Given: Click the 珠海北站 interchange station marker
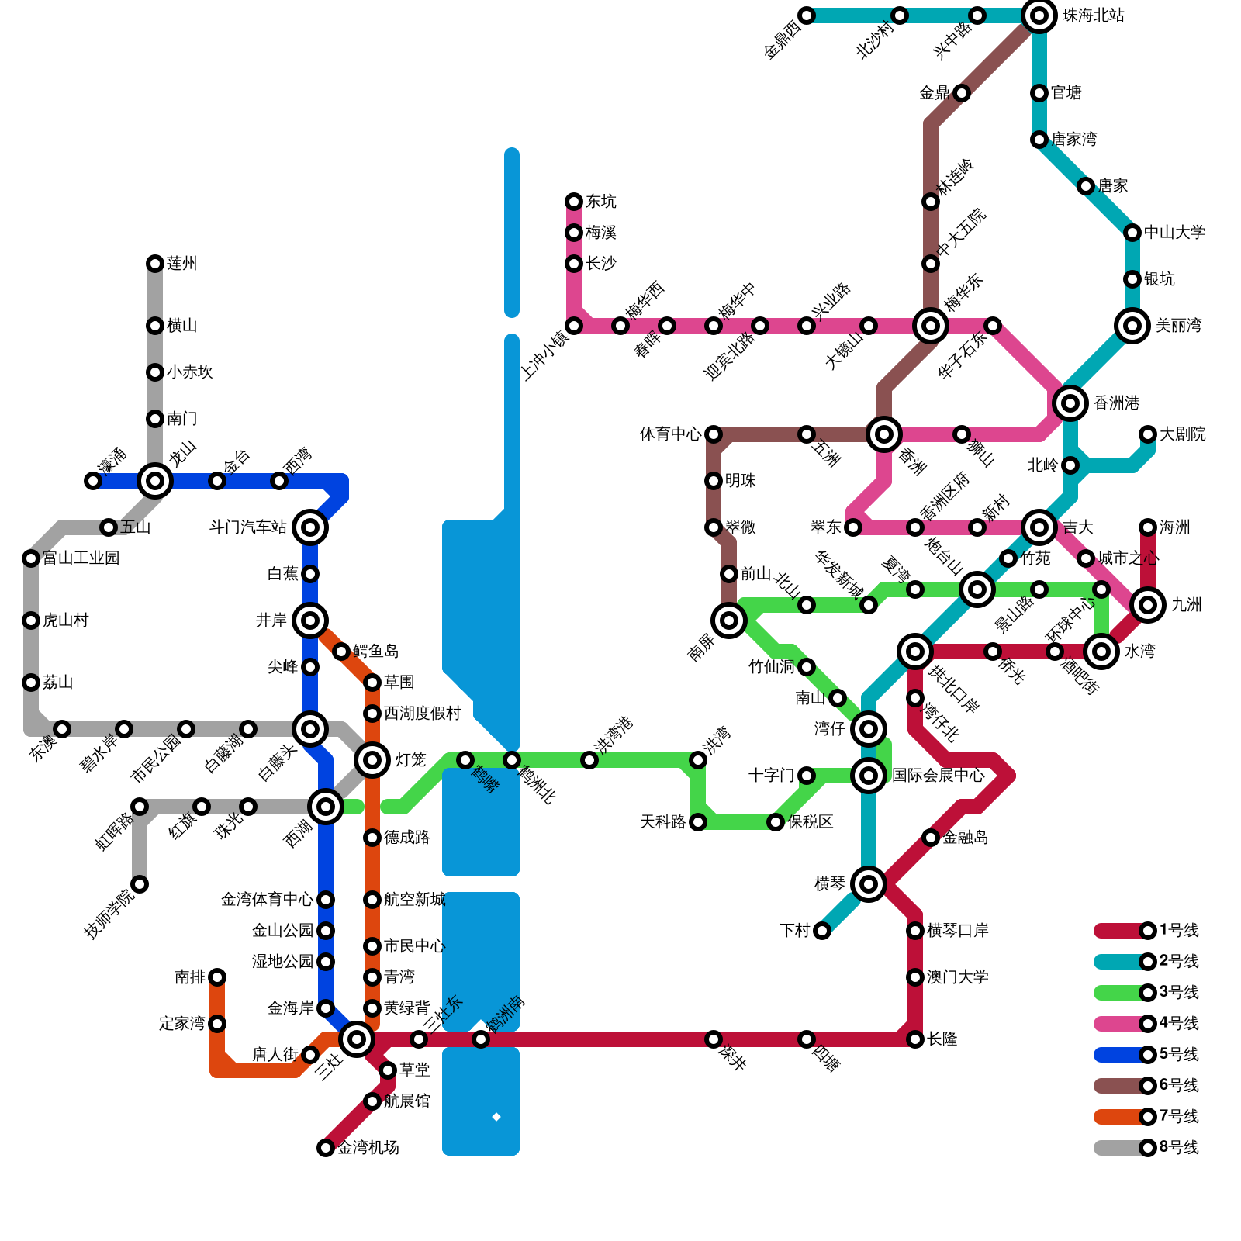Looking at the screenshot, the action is tap(1039, 16).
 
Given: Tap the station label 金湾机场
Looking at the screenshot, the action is tap(368, 1148).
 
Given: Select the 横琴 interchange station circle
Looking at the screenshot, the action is tap(869, 884).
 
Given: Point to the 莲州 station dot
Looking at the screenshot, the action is tap(155, 264).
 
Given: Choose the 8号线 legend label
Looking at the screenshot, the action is tap(1179, 1148).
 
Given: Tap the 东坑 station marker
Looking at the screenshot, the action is tap(574, 202).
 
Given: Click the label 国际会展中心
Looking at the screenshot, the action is tap(938, 776).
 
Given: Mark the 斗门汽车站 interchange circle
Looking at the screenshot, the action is tap(310, 527).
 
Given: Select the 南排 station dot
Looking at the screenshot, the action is tap(217, 977).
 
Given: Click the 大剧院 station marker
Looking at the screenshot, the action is tap(1148, 434).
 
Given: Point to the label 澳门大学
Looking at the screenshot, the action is tap(957, 977).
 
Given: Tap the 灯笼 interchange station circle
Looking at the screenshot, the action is tap(372, 760).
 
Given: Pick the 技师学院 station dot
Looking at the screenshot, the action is tap(140, 884).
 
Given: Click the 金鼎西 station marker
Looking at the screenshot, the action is tap(807, 16).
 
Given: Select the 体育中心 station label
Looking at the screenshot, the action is tap(670, 434).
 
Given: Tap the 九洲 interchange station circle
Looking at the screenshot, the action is tap(1148, 605).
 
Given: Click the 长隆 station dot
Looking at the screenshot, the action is tap(915, 1039).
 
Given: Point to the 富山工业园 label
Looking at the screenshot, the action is tap(81, 558).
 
